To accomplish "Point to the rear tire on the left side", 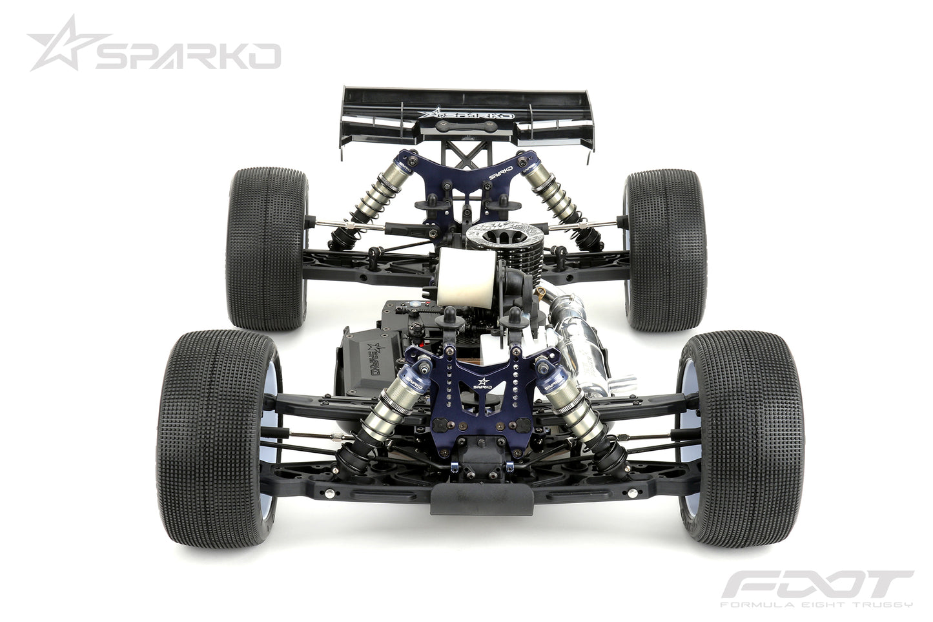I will point(265,249).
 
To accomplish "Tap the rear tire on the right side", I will point(665,249).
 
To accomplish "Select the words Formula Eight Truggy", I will point(816,605).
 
